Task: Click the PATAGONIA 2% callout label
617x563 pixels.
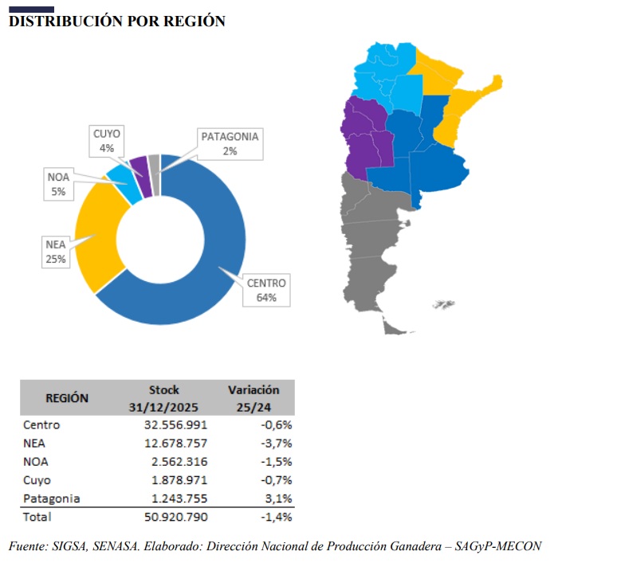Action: tap(230, 144)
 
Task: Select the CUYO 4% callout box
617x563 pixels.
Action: tap(107, 141)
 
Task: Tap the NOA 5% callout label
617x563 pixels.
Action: tap(58, 185)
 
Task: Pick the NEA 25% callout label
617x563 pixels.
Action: tap(56, 252)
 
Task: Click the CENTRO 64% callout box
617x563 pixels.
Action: tap(266, 290)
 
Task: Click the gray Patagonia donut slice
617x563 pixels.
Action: tap(155, 175)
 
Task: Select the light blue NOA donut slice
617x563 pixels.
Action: tap(124, 185)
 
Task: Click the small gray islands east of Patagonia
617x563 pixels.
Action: tap(443, 304)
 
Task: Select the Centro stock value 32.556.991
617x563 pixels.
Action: tap(175, 425)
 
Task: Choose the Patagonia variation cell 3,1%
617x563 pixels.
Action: tap(278, 498)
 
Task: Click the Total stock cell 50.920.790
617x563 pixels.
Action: tap(176, 517)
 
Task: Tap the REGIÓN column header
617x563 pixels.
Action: tap(67, 398)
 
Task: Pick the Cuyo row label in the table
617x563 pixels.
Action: tap(37, 480)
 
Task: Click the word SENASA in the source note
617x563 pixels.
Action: tap(116, 546)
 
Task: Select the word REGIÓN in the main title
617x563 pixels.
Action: tap(195, 22)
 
